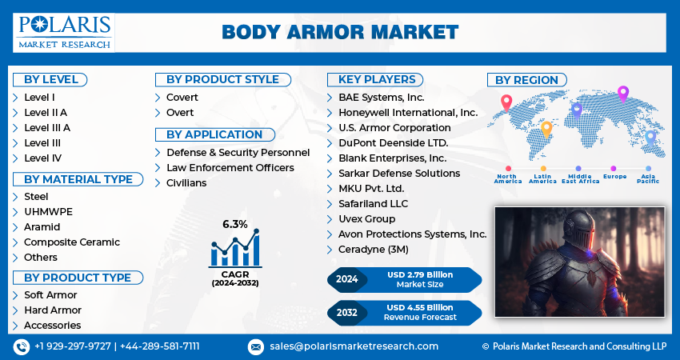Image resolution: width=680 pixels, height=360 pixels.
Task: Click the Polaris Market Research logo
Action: click(x=64, y=33)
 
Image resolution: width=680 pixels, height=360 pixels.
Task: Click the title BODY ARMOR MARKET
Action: click(x=340, y=33)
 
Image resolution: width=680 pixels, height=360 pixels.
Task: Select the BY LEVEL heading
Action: click(x=50, y=80)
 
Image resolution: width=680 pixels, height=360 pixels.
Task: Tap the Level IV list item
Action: click(x=42, y=158)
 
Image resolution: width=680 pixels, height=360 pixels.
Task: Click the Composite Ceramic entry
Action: click(x=71, y=242)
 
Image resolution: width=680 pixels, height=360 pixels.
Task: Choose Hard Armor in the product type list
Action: click(x=53, y=310)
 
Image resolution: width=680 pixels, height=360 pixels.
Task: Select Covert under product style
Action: click(x=182, y=97)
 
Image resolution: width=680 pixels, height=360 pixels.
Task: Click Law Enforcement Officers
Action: click(x=230, y=168)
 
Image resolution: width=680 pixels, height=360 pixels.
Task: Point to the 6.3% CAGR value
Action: click(x=234, y=224)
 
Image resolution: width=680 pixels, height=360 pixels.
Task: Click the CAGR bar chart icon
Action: click(x=235, y=248)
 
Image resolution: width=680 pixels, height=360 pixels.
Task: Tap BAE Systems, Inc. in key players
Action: click(x=381, y=98)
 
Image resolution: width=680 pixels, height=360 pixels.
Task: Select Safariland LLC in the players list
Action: click(x=373, y=204)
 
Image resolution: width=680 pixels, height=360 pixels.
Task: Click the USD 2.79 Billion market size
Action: click(x=420, y=274)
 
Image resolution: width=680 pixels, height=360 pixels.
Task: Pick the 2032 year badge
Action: click(x=346, y=312)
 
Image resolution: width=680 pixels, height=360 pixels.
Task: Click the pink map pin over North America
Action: click(x=506, y=103)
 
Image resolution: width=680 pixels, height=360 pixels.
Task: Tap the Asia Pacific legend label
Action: click(x=648, y=178)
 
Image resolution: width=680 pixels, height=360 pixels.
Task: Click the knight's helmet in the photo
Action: click(x=581, y=230)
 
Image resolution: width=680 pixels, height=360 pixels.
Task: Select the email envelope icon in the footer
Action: click(x=256, y=347)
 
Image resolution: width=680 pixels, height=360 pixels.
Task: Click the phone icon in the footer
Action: click(x=22, y=347)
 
